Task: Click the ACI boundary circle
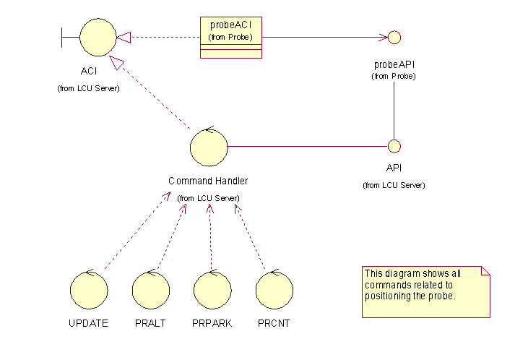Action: pos(98,36)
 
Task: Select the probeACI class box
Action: pos(230,38)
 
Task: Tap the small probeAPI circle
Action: pos(394,37)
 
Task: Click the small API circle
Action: pos(394,146)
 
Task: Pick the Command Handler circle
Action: pos(208,147)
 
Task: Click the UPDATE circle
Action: pos(89,290)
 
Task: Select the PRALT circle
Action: pos(151,290)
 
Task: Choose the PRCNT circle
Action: pos(274,290)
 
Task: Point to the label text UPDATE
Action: pos(89,323)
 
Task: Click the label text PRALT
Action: pos(150,323)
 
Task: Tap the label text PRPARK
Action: pos(212,323)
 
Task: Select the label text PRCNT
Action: pos(274,323)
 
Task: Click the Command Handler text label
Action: pos(208,181)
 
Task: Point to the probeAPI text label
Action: pos(394,64)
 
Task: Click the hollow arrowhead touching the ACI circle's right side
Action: pos(124,36)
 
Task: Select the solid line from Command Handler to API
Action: pos(307,146)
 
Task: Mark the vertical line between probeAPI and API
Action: pos(394,108)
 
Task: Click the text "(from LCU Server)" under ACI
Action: pos(88,88)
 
